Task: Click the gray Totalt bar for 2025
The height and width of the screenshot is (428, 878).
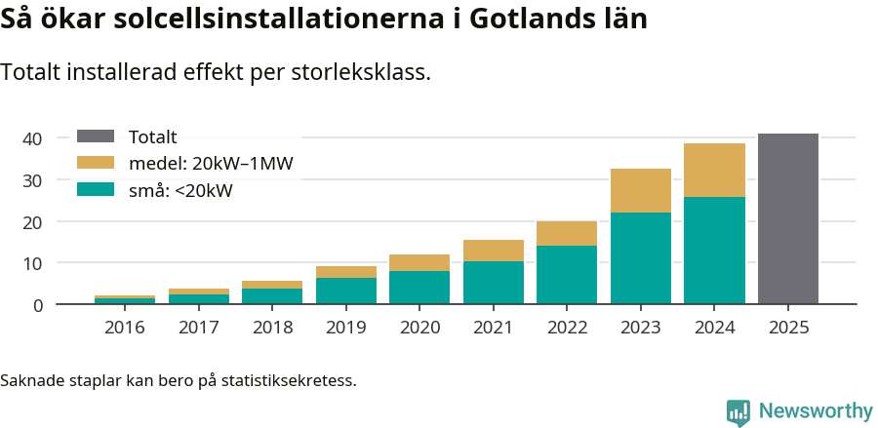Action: pyautogui.click(x=787, y=219)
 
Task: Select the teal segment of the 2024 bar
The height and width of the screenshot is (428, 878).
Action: pyautogui.click(x=714, y=251)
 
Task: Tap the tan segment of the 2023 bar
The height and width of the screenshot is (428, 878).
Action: pyautogui.click(x=641, y=190)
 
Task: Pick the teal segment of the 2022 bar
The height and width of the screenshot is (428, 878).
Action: pyautogui.click(x=567, y=275)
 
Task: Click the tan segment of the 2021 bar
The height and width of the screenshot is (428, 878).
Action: pyautogui.click(x=494, y=251)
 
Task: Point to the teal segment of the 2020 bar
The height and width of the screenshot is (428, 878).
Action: pyautogui.click(x=419, y=288)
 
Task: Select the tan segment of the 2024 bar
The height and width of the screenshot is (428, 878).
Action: pyautogui.click(x=714, y=171)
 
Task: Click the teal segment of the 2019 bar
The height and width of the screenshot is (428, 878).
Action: pyautogui.click(x=346, y=292)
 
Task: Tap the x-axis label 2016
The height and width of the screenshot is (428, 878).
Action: pyautogui.click(x=125, y=328)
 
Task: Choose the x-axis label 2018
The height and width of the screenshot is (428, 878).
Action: pyautogui.click(x=272, y=328)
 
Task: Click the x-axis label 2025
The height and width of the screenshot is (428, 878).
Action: pyautogui.click(x=787, y=328)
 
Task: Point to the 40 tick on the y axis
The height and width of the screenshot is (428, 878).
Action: pyautogui.click(x=33, y=139)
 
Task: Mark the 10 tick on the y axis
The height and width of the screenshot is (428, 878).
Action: pyautogui.click(x=33, y=263)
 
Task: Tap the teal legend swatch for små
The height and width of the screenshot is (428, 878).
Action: pyautogui.click(x=96, y=190)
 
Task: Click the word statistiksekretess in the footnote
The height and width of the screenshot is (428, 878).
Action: pyautogui.click(x=288, y=379)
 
